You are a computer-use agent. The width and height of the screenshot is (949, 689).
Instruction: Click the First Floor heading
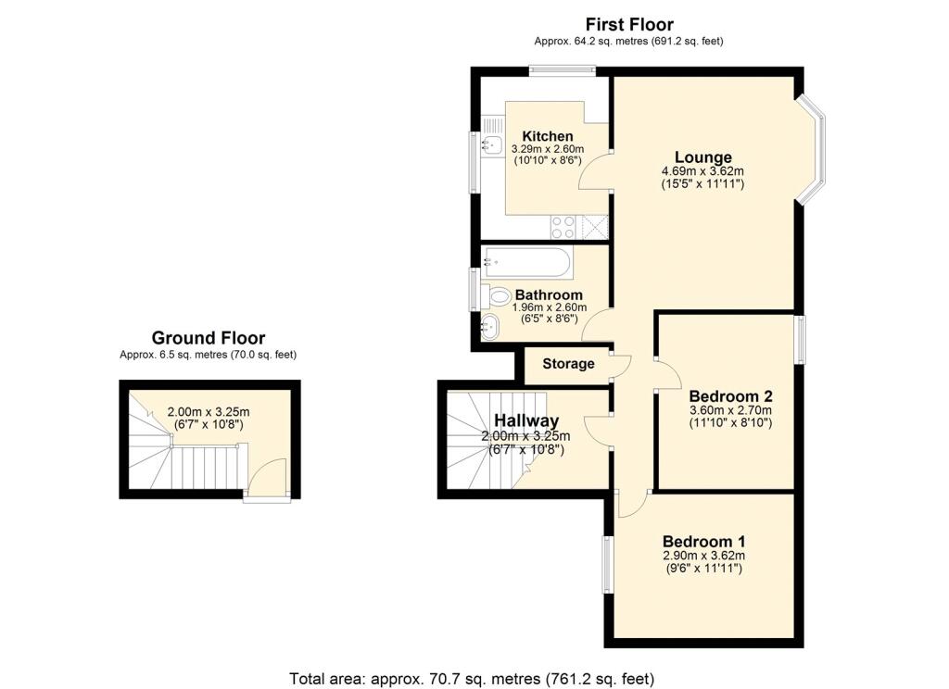tap(629, 25)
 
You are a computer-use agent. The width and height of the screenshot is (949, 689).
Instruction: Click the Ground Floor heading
tap(208, 339)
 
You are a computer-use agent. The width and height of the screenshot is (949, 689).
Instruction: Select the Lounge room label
tap(702, 157)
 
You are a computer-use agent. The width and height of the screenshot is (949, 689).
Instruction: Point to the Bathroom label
tap(549, 295)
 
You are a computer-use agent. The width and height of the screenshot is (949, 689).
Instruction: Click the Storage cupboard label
tap(568, 364)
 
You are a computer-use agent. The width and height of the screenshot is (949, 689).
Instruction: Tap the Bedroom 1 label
tap(703, 542)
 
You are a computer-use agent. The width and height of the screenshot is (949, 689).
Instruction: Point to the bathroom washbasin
tap(491, 325)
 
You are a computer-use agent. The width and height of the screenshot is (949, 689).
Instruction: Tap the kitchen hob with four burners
tap(563, 225)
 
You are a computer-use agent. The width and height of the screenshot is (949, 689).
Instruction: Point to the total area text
tap(473, 679)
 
